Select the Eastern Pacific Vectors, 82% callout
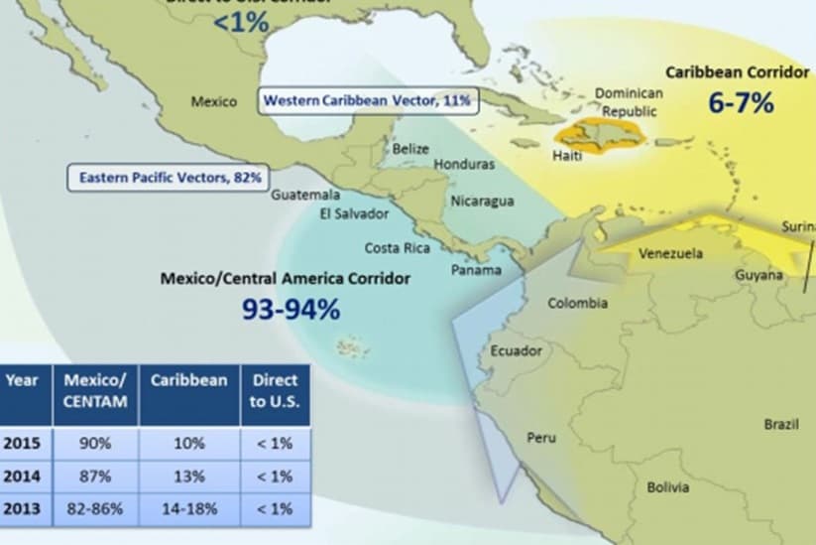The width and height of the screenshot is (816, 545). tap(170, 178)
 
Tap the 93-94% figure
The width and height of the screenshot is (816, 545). tap(291, 309)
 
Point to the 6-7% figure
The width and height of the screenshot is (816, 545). tap(741, 101)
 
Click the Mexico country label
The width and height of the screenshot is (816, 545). tap(213, 101)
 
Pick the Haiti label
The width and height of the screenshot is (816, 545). tap(567, 157)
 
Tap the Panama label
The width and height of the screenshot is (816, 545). tap(476, 270)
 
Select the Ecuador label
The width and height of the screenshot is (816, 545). tap(517, 350)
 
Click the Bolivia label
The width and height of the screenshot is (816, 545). tap(667, 487)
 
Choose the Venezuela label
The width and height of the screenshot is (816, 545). tap(670, 253)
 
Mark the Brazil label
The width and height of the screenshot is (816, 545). tap(780, 424)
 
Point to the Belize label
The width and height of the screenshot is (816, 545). tap(410, 149)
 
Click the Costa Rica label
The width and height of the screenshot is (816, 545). tap(396, 247)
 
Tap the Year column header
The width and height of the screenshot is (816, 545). tap(22, 379)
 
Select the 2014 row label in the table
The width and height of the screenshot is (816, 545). tap(22, 477)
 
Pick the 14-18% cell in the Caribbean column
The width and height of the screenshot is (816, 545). tap(188, 509)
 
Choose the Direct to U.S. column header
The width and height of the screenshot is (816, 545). tap(275, 390)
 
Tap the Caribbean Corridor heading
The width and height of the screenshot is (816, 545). tap(738, 71)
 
